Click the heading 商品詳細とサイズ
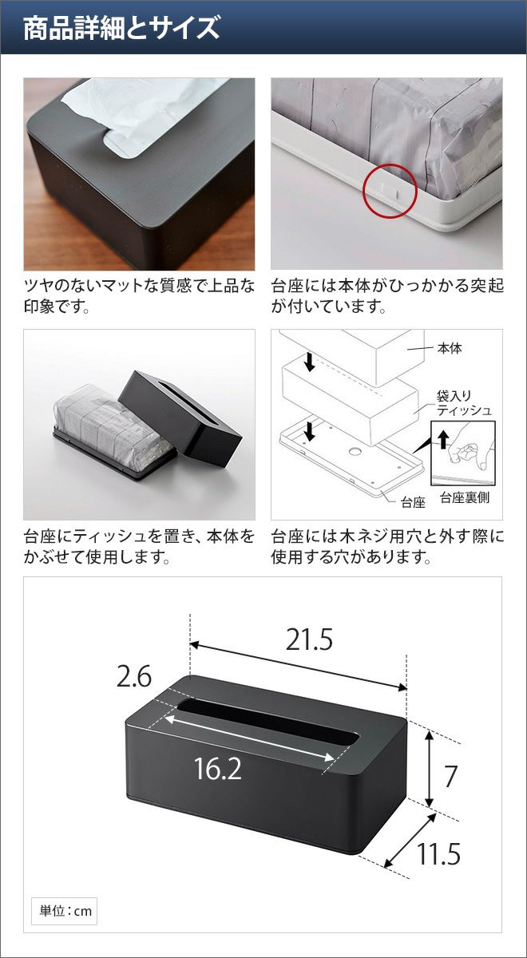[x=121, y=28]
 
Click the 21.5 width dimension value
[x=309, y=639]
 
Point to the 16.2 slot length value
[x=218, y=769]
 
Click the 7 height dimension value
[x=450, y=776]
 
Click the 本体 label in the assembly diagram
[x=450, y=349]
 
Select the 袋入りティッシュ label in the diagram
[x=464, y=403]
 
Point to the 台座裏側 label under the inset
[x=465, y=497]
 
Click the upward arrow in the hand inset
[x=444, y=439]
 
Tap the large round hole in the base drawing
[x=355, y=451]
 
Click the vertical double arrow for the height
[x=429, y=768]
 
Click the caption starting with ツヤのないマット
[x=140, y=296]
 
